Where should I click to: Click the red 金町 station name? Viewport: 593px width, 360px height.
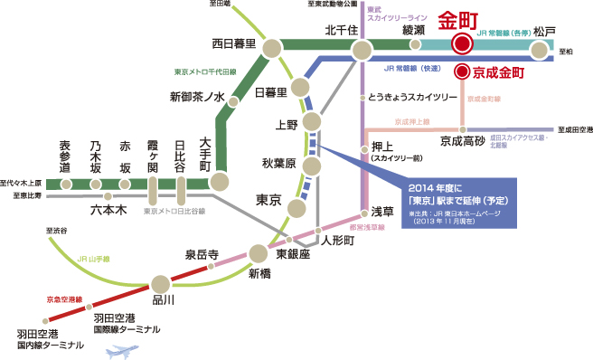click(x=459, y=20)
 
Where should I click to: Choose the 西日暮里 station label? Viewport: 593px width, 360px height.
click(x=233, y=43)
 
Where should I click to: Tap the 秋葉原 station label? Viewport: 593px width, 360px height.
click(x=278, y=165)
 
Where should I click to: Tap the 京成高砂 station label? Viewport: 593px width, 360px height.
click(x=462, y=141)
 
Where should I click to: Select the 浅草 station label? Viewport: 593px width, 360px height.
click(x=383, y=211)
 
